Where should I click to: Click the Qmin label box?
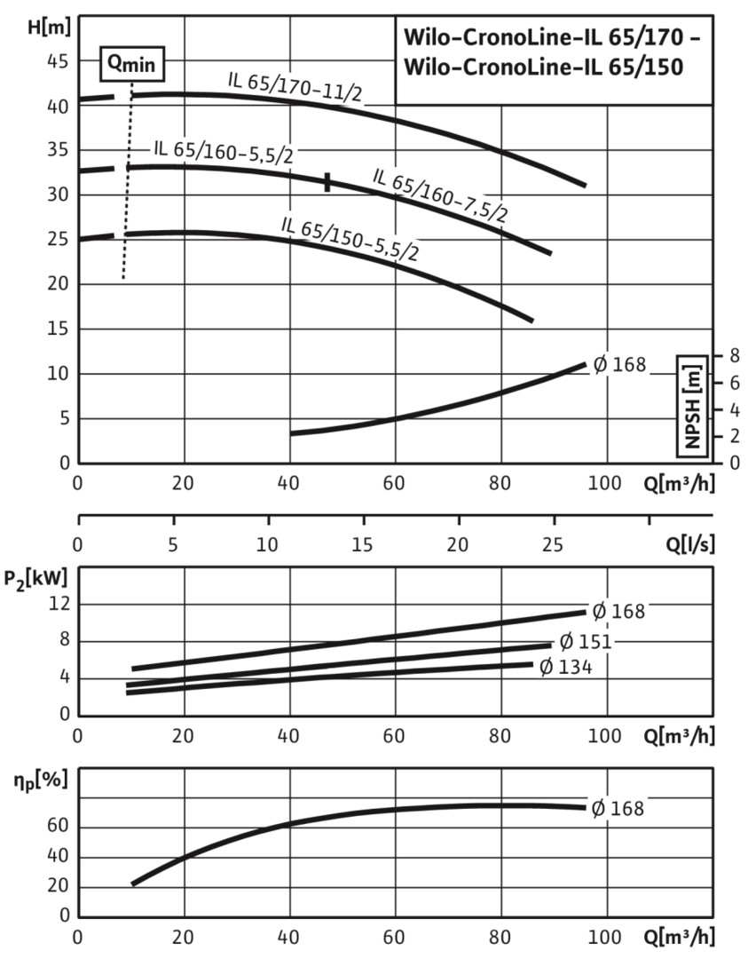pyautogui.click(x=130, y=64)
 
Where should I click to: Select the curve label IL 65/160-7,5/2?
pyautogui.click(x=440, y=195)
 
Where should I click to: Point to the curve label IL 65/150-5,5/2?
pyautogui.click(x=350, y=237)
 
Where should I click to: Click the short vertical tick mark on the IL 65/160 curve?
pyautogui.click(x=327, y=182)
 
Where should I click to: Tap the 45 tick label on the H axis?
pyautogui.click(x=58, y=61)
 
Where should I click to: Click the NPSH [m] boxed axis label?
pyautogui.click(x=692, y=405)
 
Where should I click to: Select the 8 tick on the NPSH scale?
pyautogui.click(x=734, y=355)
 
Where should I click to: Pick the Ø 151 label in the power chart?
pyautogui.click(x=586, y=642)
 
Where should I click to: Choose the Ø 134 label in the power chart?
pyautogui.click(x=565, y=666)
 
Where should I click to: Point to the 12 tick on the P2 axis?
pyautogui.click(x=58, y=604)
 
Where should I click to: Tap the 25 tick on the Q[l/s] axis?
pyautogui.click(x=553, y=543)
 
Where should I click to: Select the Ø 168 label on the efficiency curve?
pyautogui.click(x=618, y=808)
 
